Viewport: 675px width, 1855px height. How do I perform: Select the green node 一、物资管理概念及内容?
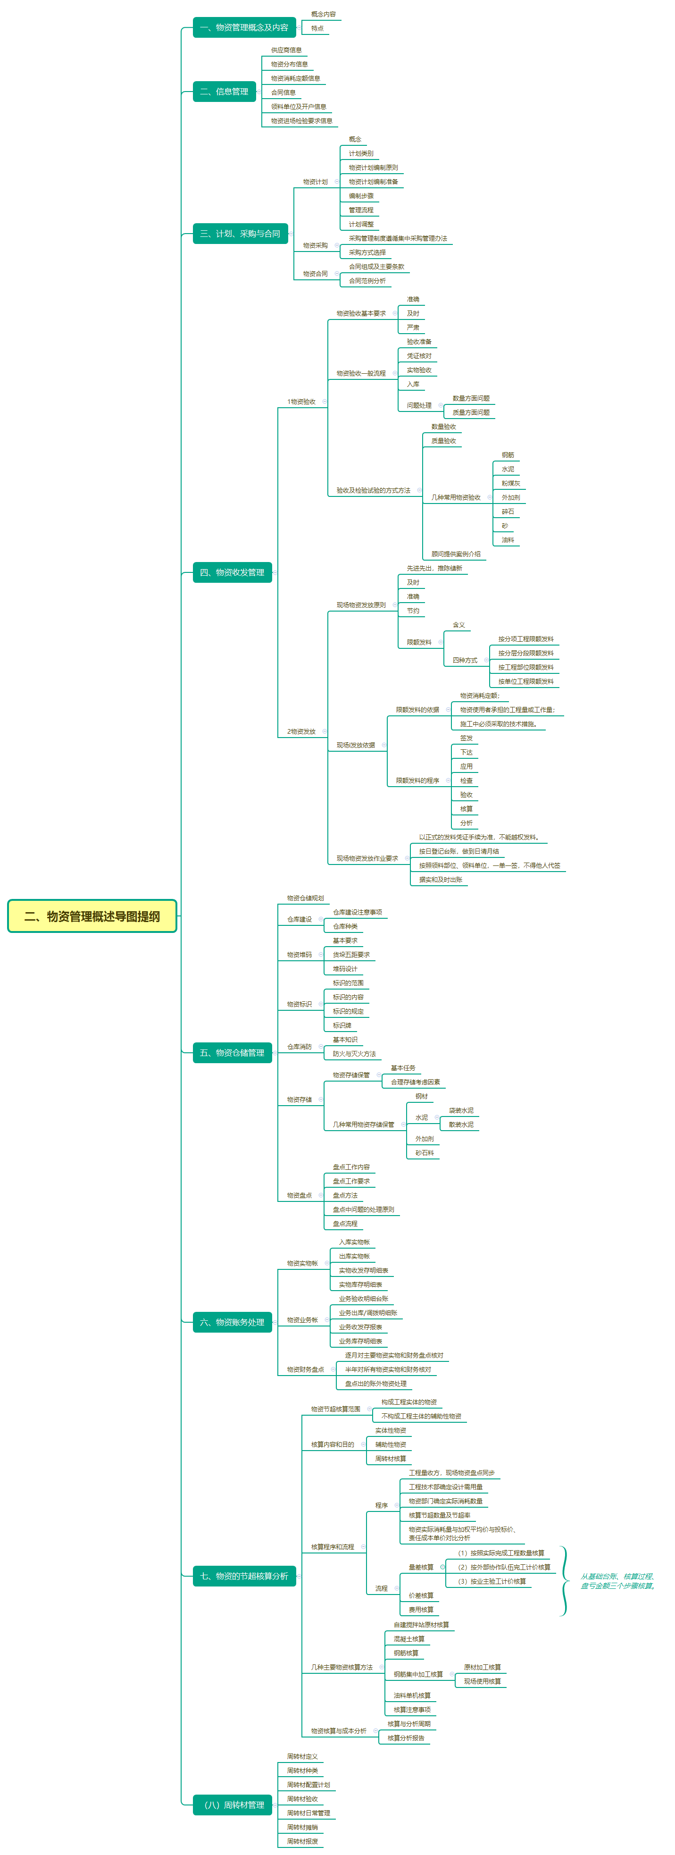coord(244,27)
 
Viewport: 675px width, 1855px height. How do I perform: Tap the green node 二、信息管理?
coord(224,92)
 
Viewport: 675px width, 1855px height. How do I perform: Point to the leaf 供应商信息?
coord(286,50)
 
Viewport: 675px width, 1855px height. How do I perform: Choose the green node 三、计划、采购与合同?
coord(240,233)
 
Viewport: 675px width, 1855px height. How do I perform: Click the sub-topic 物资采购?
coord(315,245)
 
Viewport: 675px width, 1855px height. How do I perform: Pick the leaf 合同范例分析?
coord(367,281)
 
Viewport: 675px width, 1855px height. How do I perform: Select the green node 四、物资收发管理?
coord(232,572)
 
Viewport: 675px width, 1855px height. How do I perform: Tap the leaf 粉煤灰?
coord(510,483)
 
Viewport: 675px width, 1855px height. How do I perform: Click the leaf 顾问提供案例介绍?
coord(456,554)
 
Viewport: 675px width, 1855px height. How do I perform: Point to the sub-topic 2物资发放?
coord(301,731)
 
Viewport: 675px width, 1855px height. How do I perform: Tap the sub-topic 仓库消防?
coord(300,1046)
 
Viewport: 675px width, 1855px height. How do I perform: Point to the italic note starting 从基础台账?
coord(617,1581)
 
